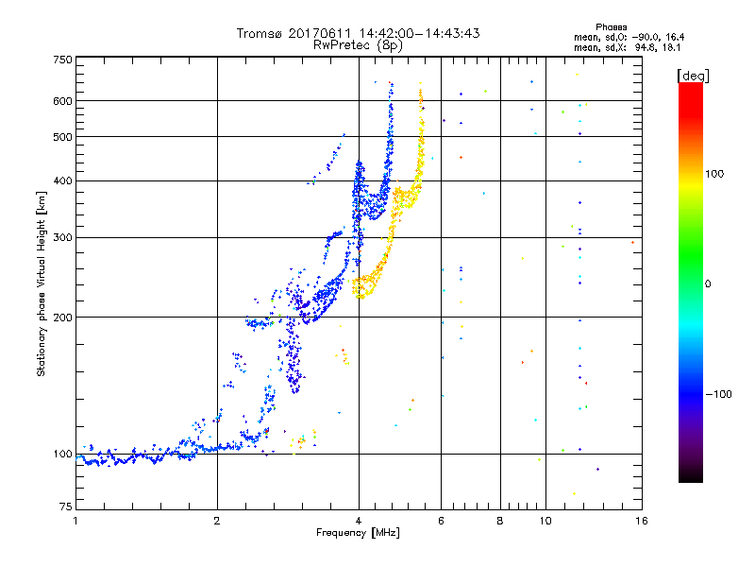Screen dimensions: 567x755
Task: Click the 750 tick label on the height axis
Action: (x=63, y=59)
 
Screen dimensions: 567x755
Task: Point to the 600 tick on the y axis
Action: (x=63, y=100)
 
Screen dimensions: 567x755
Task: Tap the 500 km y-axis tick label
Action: (x=63, y=136)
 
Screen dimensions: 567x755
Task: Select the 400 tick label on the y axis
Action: (x=63, y=180)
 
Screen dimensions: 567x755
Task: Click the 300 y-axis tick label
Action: (x=63, y=236)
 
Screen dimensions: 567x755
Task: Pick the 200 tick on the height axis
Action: (x=63, y=317)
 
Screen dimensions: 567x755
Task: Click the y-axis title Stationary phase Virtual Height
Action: (x=42, y=283)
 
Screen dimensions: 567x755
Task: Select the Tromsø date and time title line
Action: (x=358, y=33)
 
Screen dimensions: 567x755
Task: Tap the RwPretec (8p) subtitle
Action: (x=358, y=44)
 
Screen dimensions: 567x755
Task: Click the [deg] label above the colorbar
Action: (x=693, y=75)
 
